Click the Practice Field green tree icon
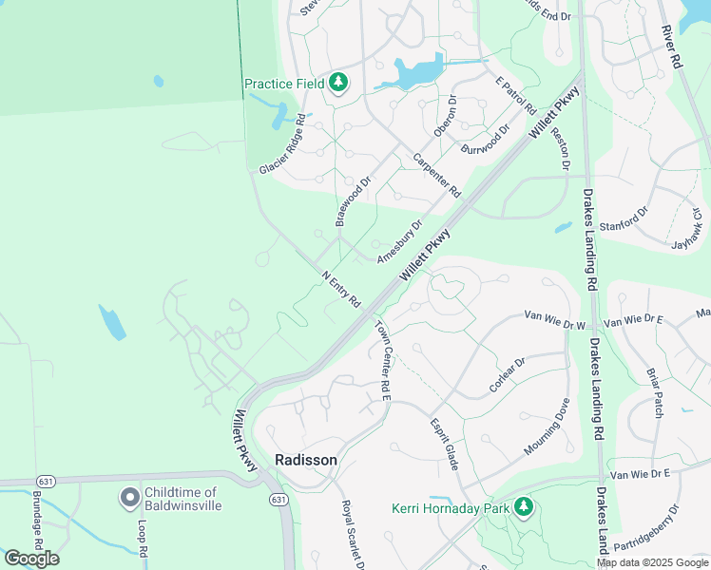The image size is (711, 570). click(x=337, y=84)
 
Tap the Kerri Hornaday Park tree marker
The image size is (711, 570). click(x=523, y=508)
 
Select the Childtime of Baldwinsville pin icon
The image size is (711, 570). click(x=129, y=498)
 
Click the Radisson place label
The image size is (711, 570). click(x=305, y=460)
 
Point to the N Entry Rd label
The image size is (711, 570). click(x=341, y=290)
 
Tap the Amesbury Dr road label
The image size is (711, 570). click(x=399, y=243)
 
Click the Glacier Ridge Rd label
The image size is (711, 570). click(x=282, y=144)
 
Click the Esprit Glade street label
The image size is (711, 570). click(x=444, y=444)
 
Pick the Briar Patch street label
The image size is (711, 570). click(x=654, y=392)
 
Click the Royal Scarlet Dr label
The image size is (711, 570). click(x=353, y=535)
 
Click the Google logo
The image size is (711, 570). click(x=31, y=559)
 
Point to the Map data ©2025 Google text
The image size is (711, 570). click(x=651, y=562)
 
